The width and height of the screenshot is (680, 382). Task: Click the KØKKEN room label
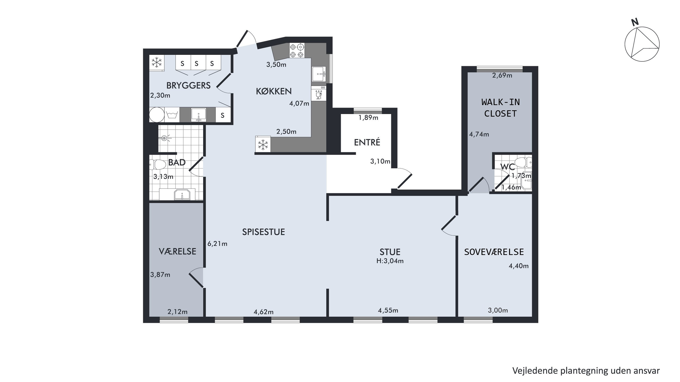click(x=274, y=91)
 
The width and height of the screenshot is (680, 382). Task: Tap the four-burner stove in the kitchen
click(x=297, y=51)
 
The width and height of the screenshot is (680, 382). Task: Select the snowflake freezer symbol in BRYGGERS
click(x=157, y=62)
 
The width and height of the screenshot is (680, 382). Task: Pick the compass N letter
click(x=635, y=22)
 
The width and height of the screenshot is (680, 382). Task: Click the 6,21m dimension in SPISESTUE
click(x=217, y=244)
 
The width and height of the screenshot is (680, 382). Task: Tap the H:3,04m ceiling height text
click(x=390, y=261)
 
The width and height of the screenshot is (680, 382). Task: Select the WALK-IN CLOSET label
click(x=500, y=108)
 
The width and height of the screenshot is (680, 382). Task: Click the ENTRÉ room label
click(x=367, y=142)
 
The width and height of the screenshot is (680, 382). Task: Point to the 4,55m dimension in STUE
click(x=388, y=310)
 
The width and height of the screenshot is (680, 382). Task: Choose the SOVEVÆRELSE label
click(x=494, y=252)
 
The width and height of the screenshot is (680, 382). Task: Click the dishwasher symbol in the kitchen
click(x=319, y=93)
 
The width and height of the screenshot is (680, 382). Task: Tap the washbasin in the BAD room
click(x=182, y=195)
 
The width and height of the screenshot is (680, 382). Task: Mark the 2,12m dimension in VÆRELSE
click(x=177, y=312)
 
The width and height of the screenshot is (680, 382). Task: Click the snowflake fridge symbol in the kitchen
click(x=263, y=144)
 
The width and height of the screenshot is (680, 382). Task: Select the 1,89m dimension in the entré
click(x=368, y=118)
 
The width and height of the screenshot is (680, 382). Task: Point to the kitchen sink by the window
click(x=319, y=74)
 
